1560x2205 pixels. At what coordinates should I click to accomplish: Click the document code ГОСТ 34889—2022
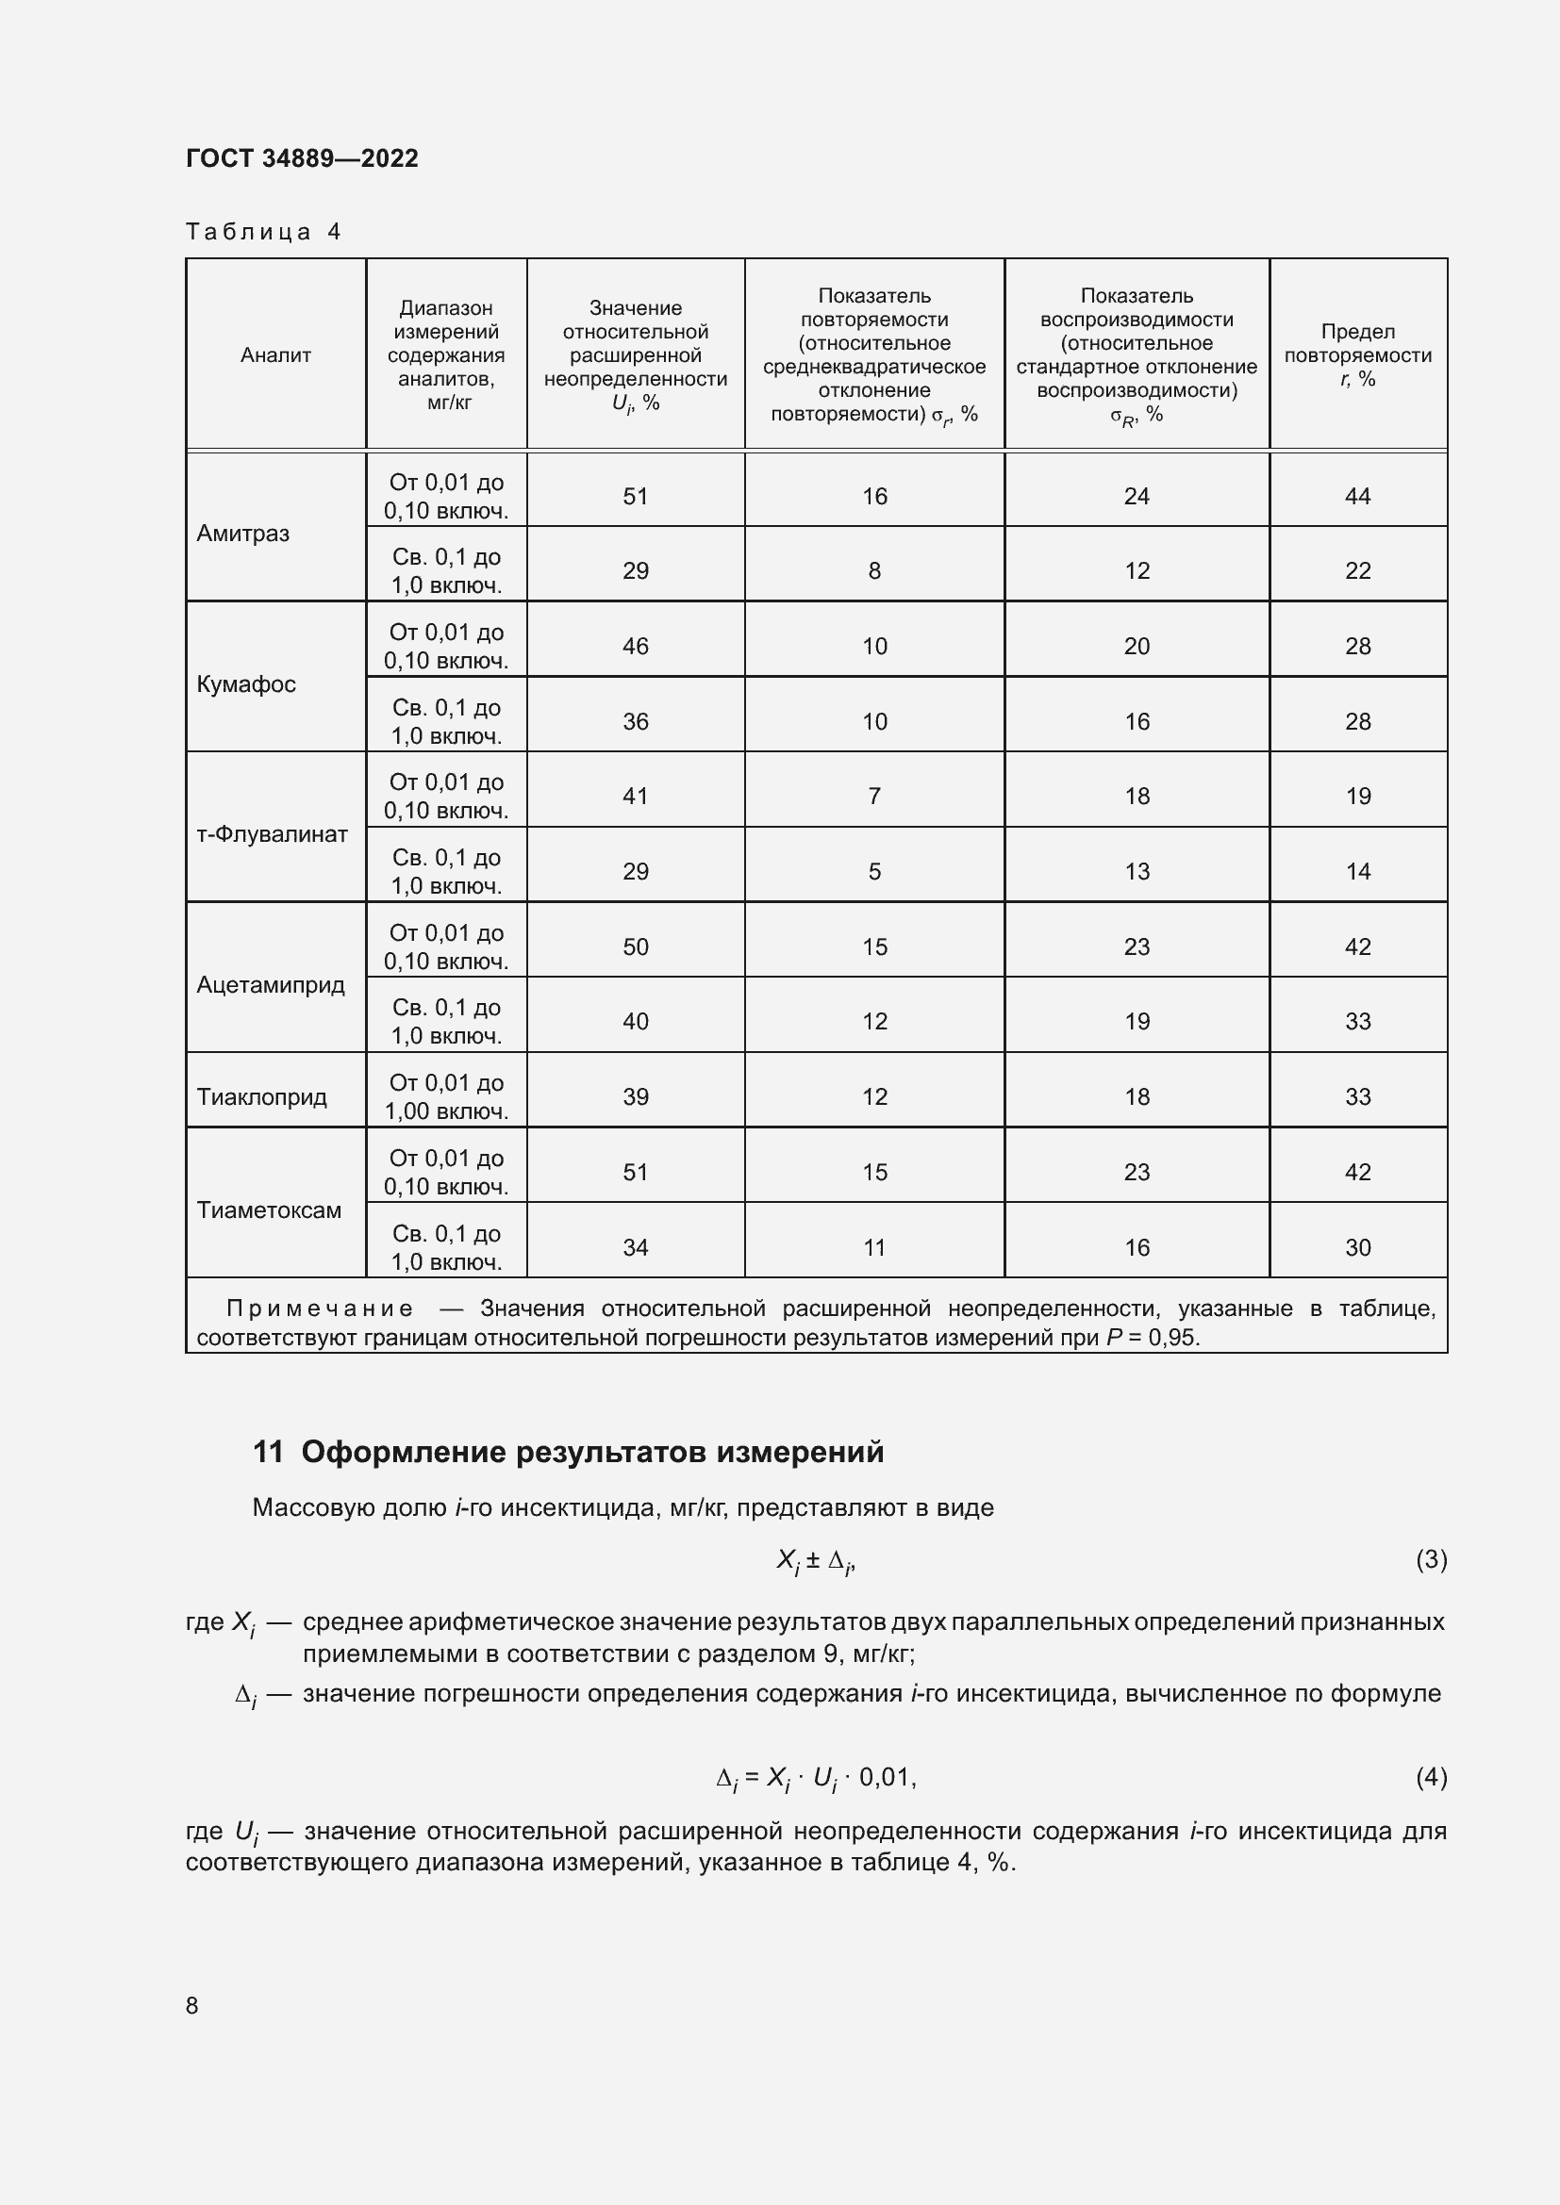(302, 158)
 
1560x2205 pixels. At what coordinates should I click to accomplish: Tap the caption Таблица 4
(263, 232)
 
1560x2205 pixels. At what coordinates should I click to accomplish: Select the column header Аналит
(275, 355)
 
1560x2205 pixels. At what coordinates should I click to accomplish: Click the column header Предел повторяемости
(1357, 355)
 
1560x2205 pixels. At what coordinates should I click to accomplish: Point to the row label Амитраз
(243, 534)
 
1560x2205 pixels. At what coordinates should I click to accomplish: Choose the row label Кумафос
(246, 684)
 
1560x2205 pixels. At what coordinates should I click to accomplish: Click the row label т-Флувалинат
(272, 834)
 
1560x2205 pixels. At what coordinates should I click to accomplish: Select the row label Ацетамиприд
(270, 985)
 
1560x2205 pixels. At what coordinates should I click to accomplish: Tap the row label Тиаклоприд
(261, 1096)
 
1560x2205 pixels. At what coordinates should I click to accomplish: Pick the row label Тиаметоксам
(269, 1210)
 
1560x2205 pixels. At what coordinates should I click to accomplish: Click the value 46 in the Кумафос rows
(635, 647)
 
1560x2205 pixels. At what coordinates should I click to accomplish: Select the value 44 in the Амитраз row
(1357, 497)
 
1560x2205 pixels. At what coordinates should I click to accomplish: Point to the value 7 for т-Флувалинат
(874, 797)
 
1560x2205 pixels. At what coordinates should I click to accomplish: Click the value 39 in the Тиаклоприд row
(635, 1096)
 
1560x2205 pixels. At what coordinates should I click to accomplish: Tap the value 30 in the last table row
(1357, 1247)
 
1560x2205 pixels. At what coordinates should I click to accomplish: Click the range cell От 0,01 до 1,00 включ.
(447, 1096)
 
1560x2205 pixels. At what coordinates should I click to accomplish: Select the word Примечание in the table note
(320, 1309)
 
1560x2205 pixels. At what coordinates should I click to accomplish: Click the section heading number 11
(268, 1452)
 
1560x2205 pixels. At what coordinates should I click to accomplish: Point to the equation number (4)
(1431, 1778)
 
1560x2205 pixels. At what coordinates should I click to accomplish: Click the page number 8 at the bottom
(192, 2005)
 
